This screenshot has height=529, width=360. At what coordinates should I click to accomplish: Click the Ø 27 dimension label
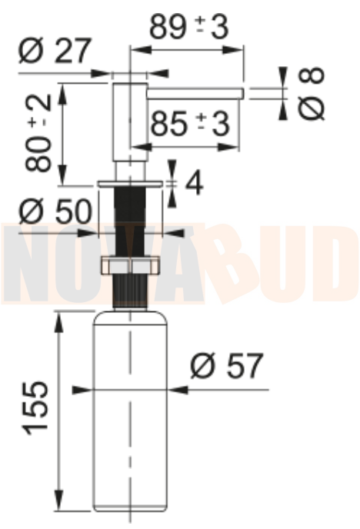click(x=55, y=51)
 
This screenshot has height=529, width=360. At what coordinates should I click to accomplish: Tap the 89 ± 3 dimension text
click(x=189, y=26)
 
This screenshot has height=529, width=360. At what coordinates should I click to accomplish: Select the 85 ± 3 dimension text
click(x=190, y=123)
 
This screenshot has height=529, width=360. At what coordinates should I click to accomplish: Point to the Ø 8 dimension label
click(x=312, y=93)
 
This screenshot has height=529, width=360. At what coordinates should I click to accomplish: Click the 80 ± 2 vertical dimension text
click(x=38, y=133)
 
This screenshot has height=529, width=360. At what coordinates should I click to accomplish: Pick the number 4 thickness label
click(x=195, y=184)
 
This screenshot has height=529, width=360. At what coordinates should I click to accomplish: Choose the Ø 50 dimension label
click(x=55, y=211)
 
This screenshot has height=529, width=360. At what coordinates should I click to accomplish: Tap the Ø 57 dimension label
click(x=226, y=365)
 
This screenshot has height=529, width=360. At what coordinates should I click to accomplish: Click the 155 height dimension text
click(x=35, y=408)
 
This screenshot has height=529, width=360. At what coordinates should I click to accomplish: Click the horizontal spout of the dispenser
click(x=195, y=94)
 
